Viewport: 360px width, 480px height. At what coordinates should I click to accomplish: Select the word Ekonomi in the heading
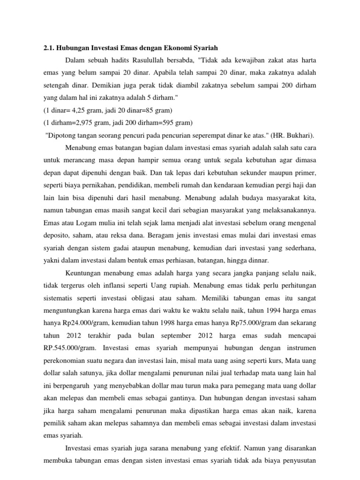[180, 48]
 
